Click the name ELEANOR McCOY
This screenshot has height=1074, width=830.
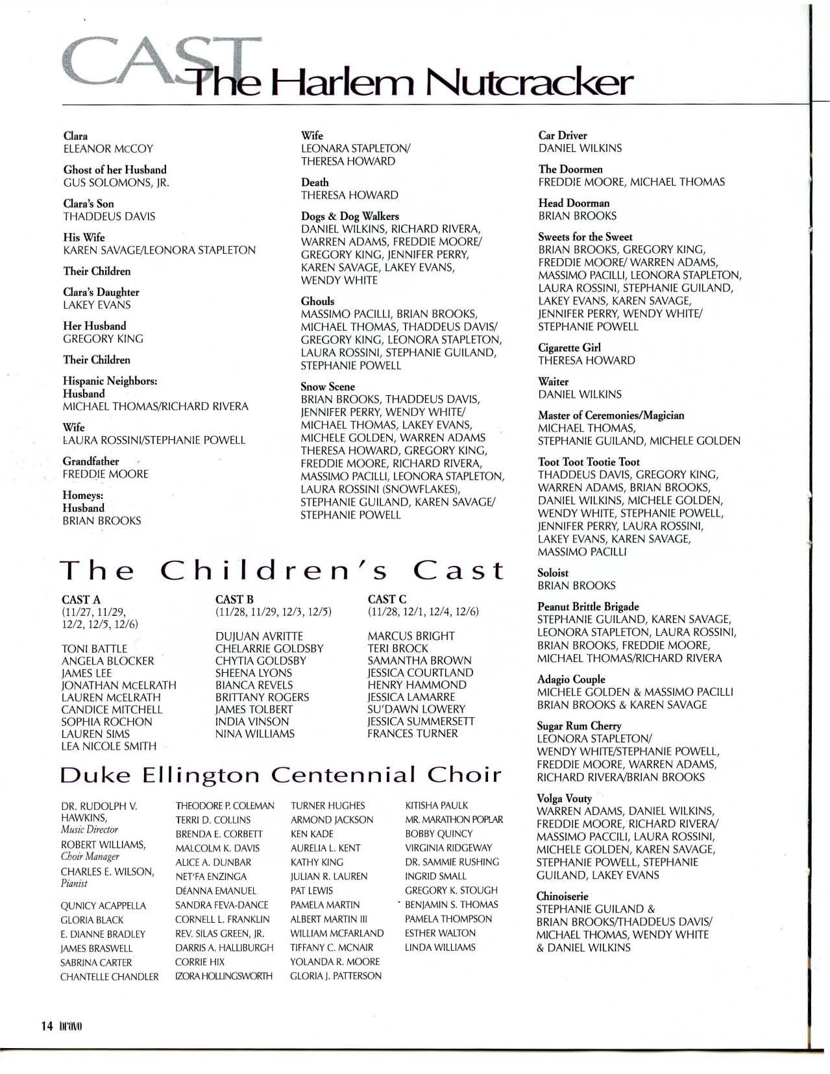pos(108,149)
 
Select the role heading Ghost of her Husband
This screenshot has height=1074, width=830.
pos(115,169)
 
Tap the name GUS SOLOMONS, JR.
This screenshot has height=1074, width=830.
pos(116,182)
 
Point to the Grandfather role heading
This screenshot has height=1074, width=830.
pos(91,461)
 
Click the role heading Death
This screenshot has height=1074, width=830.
pos(315,182)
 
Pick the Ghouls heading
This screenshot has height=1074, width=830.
pos(317,301)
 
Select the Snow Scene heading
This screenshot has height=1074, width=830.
pos(328,387)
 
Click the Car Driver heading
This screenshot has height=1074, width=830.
pos(563,136)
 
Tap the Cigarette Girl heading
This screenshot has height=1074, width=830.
pos(569,348)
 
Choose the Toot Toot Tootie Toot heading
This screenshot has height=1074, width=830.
pos(589,462)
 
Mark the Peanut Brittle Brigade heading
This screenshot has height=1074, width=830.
pos(588,607)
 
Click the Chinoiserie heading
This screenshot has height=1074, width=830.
pos(562,896)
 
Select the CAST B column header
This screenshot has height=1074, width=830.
pos(234,600)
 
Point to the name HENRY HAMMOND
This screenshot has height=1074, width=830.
pos(417,685)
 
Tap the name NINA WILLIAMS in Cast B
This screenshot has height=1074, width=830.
pos(254,734)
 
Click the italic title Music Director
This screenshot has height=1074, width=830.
pos(90,829)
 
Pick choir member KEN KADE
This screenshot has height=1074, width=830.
pos(311,834)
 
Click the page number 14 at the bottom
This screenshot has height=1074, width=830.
pos(45,1026)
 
